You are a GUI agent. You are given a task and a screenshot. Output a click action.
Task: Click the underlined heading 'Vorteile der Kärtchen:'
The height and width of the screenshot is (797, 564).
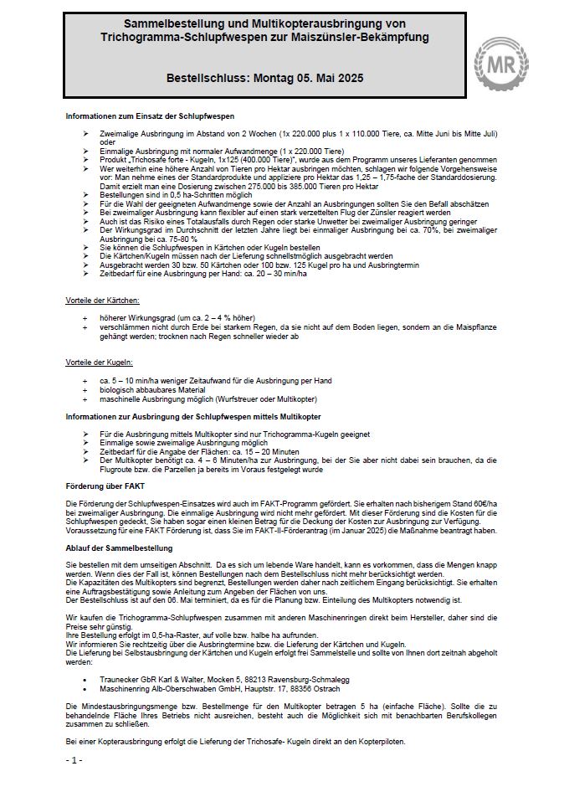103,299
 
